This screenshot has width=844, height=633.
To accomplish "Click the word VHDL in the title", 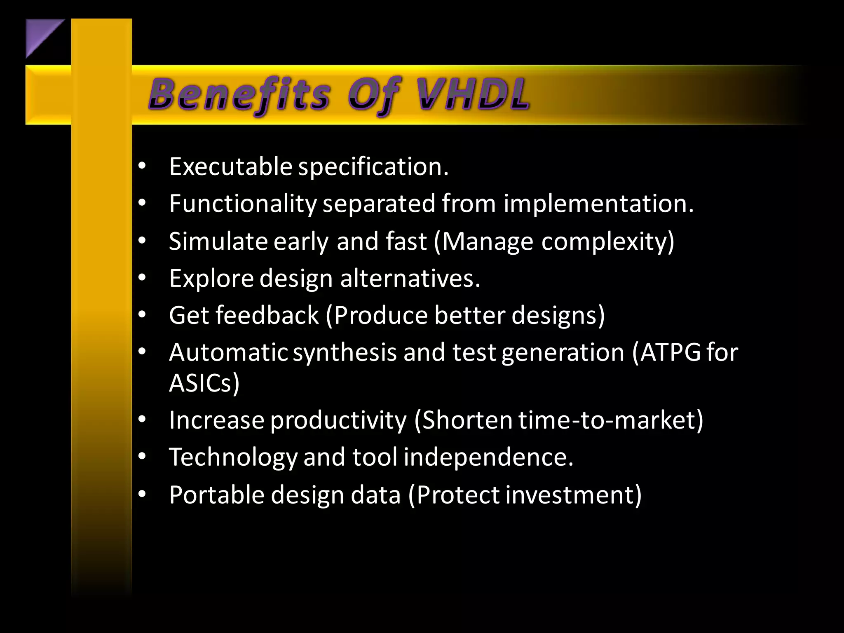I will point(472,95).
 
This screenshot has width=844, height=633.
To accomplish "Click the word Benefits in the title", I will point(239,95).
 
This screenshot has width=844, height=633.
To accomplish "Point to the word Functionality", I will point(243,204).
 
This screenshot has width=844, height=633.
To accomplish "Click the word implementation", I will point(598,204).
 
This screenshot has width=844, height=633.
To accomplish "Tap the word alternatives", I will point(410,278).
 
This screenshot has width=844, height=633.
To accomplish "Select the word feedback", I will point(267,315).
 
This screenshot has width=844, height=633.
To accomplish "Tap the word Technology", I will point(233,457).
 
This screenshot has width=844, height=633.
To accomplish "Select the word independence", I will point(488,457).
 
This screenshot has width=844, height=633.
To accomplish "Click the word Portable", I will point(216,495).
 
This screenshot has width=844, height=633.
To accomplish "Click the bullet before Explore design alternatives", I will point(142,278).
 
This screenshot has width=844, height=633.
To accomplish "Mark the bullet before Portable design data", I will point(142,494).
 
